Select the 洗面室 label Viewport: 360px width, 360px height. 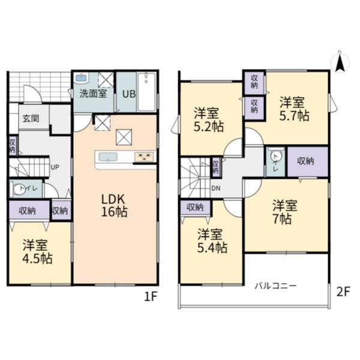93,94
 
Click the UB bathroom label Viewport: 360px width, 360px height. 129,94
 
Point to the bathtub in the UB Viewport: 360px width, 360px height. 146,92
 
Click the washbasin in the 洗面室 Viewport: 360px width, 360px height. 81,78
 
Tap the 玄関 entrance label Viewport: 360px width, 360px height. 31,118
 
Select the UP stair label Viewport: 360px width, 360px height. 55,167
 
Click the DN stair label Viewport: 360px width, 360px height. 216,188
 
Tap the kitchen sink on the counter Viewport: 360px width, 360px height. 108,157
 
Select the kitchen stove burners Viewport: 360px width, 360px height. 144,157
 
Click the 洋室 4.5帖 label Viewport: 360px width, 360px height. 37,251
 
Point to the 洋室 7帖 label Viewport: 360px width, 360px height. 284,212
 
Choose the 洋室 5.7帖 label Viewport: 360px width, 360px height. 294,109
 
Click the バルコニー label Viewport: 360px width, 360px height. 276,286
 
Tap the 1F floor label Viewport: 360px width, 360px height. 151,297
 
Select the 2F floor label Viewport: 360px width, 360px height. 343,292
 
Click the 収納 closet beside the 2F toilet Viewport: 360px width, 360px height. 308,161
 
